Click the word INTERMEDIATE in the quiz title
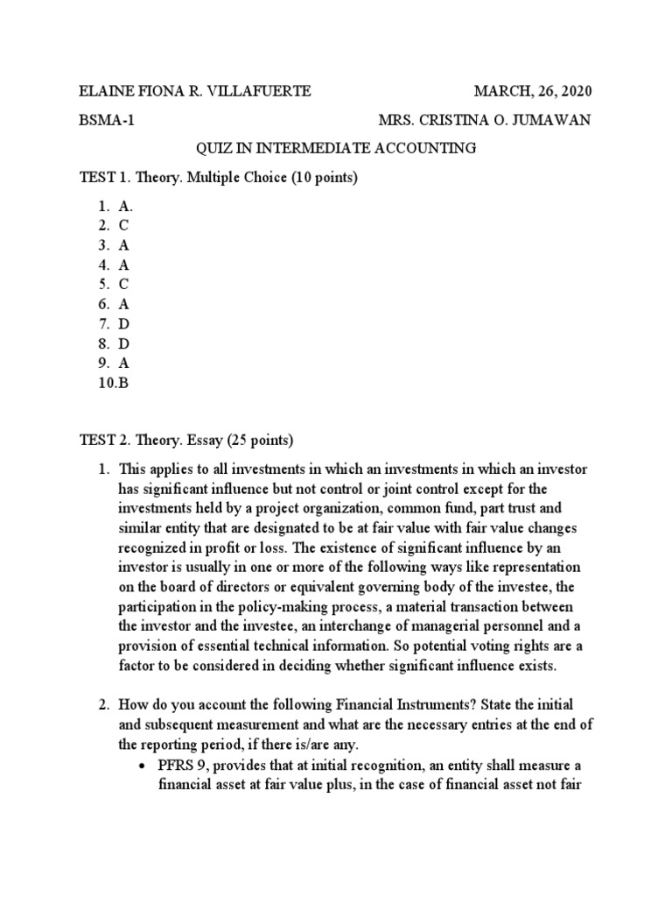[x=309, y=149]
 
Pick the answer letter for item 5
[x=124, y=284]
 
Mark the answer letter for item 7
[x=124, y=322]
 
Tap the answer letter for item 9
[x=124, y=362]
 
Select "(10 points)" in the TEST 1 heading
[x=325, y=178]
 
